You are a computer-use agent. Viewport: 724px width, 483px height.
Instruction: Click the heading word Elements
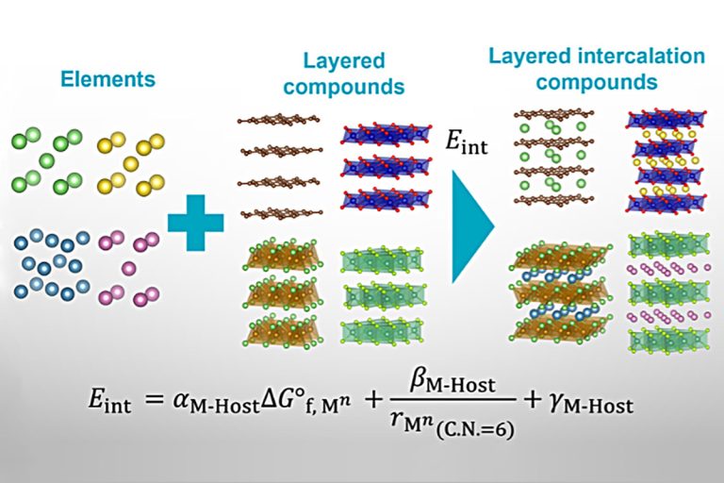click(107, 79)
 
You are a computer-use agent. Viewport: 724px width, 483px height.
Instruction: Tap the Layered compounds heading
click(344, 75)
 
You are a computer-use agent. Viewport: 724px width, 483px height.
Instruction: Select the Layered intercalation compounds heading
click(595, 69)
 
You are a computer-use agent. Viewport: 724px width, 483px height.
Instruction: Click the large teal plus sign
click(196, 223)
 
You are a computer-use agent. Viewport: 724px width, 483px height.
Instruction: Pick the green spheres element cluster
click(46, 160)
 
